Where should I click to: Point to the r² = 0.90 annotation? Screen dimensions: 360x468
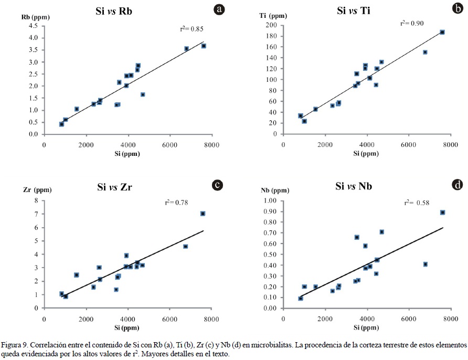[411, 23]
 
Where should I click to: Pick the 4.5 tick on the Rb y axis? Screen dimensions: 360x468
[33, 26]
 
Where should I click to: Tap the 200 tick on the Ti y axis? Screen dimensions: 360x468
[271, 25]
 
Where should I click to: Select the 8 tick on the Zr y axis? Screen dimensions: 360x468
[36, 200]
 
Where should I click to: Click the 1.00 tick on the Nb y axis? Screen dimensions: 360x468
[268, 200]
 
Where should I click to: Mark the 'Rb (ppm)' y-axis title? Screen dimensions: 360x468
[36, 17]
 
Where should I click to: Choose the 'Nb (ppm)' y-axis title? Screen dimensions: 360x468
[274, 190]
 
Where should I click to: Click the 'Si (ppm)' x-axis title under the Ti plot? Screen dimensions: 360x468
[366, 153]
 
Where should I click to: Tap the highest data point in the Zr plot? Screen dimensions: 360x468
[203, 214]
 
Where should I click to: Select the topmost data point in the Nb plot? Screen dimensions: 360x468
[442, 213]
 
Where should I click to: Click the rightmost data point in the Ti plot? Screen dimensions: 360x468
[442, 32]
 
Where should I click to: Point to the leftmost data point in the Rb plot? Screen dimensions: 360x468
[61, 124]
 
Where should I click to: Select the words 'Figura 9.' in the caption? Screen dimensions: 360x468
[15, 345]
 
